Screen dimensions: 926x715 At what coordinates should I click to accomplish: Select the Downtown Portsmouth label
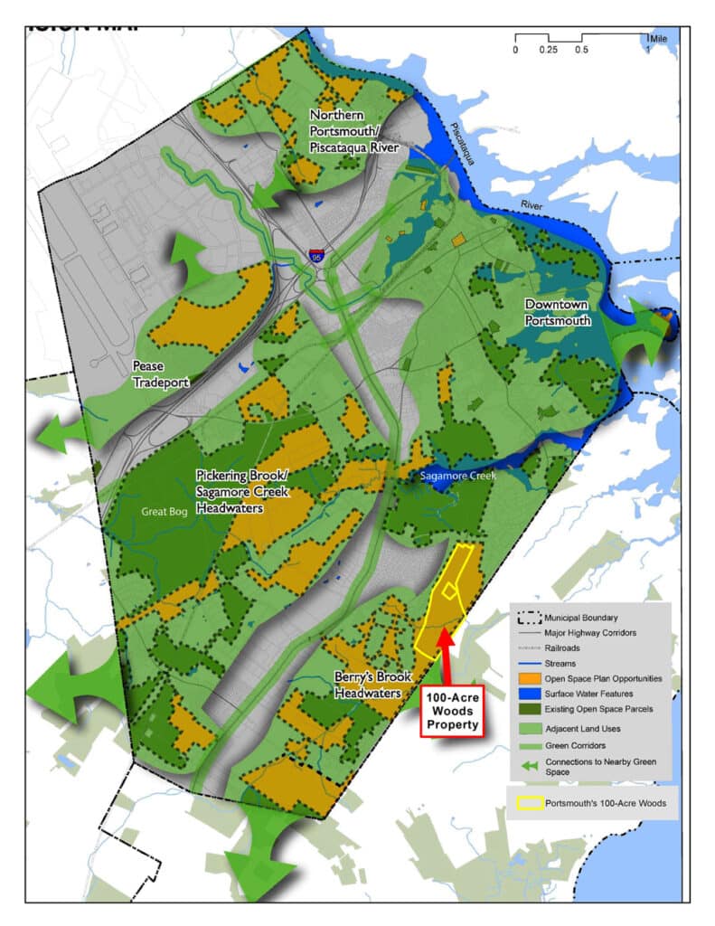[x=558, y=312]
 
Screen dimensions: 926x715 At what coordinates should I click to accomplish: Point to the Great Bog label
[x=163, y=511]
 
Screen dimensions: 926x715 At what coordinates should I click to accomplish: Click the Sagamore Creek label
[x=459, y=476]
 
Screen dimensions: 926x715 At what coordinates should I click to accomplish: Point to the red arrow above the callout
[x=445, y=655]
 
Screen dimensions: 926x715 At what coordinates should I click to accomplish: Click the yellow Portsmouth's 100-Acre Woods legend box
[x=529, y=802]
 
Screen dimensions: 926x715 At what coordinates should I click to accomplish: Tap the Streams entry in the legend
[x=561, y=663]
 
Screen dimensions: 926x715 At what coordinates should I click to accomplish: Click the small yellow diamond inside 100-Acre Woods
[x=448, y=591]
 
